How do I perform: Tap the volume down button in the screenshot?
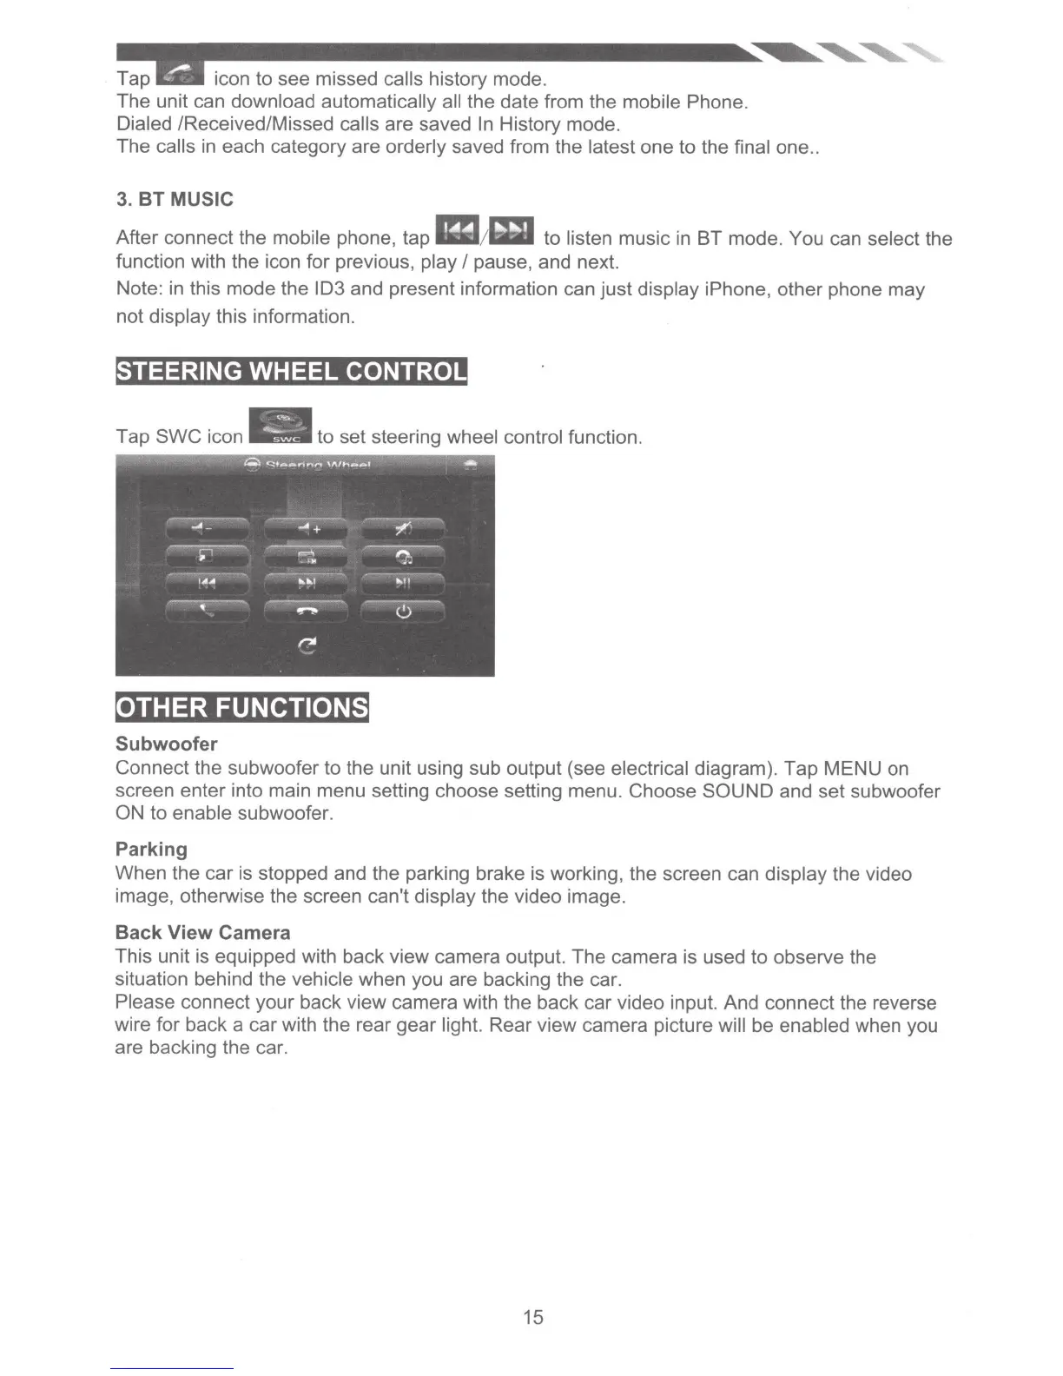coord(207,528)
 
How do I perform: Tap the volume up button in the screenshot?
coord(306,528)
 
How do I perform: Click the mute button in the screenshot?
coord(403,528)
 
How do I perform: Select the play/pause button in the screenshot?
coord(403,584)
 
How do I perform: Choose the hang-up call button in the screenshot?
coord(306,612)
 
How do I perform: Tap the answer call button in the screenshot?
coord(207,612)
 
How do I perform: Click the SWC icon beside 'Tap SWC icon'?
coord(280,427)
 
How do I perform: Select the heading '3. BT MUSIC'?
coord(175,200)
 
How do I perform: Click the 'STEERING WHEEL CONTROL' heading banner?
coord(291,371)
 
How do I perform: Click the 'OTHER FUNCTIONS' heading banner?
coord(242,707)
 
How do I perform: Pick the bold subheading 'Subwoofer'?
coord(166,744)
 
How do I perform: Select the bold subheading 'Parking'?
coord(151,850)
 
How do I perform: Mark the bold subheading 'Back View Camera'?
coord(202,933)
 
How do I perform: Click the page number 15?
coord(532,1317)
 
